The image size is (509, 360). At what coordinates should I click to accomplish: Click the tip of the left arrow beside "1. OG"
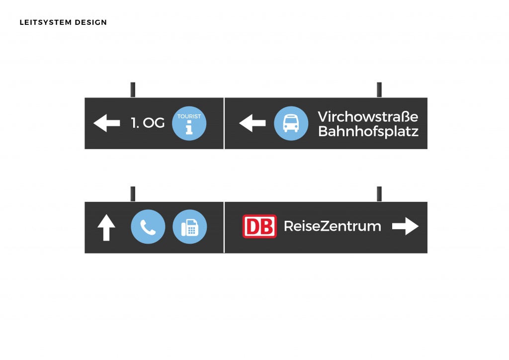[93, 123]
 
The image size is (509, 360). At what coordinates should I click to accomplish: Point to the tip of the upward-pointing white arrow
[106, 215]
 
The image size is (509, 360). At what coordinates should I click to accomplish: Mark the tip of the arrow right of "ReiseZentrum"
[419, 226]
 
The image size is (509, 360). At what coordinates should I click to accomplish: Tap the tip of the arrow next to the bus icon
[239, 123]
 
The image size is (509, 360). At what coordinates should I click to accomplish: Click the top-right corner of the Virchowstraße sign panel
[427, 98]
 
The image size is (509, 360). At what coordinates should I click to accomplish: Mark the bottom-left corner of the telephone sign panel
[85, 253]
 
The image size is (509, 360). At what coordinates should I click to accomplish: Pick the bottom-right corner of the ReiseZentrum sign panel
[427, 253]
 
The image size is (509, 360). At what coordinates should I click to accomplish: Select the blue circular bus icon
[291, 123]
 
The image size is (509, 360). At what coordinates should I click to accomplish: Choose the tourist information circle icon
[189, 123]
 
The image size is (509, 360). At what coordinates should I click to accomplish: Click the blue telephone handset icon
[148, 227]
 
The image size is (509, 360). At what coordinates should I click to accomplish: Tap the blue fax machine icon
[189, 227]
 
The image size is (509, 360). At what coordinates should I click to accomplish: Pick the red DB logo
[259, 226]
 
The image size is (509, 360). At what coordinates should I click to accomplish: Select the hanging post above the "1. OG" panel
[133, 90]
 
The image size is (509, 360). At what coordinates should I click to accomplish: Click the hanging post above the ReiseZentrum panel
[379, 194]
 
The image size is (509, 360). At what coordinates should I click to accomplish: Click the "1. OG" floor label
[148, 123]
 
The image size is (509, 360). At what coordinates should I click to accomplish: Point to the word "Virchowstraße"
[368, 116]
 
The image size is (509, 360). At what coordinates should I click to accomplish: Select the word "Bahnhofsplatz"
[368, 131]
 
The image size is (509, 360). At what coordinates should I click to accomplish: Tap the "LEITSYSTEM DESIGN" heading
[63, 22]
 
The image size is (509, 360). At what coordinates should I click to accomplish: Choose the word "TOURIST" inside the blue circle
[189, 116]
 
